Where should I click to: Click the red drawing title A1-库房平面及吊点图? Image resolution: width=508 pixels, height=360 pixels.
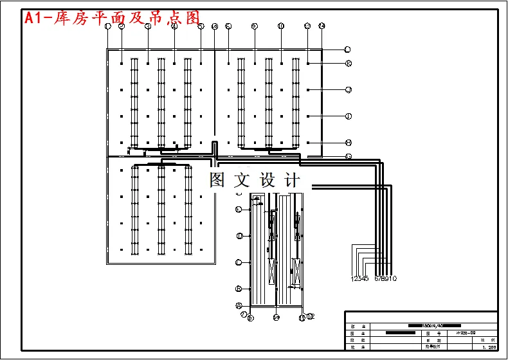coord(113,18)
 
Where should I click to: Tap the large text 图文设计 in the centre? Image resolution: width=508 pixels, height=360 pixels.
coord(255,180)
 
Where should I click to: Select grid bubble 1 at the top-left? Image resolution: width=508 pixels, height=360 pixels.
coord(108,26)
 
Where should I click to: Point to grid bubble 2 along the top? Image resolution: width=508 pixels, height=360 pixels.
coord(121,26)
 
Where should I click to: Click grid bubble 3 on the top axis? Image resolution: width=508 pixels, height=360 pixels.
coord(148,26)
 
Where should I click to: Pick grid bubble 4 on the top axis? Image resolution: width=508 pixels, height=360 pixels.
coord(174,26)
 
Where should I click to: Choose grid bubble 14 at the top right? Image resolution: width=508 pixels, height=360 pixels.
coord(322,26)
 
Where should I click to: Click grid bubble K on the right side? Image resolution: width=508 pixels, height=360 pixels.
coord(348,63)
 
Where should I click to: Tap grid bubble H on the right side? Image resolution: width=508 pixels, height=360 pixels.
coord(348,143)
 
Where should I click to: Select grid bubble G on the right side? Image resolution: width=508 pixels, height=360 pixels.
coord(348,156)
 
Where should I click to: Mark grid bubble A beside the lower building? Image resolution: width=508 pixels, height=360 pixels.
coord(239,305)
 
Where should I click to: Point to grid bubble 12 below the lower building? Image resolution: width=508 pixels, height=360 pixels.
coord(311,316)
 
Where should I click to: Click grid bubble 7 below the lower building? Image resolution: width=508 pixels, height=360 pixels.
coord(244,314)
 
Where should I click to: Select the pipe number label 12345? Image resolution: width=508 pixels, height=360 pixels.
coord(359,278)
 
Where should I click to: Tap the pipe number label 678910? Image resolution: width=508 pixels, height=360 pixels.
coord(385,278)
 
